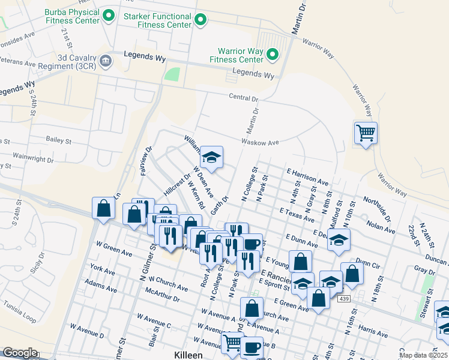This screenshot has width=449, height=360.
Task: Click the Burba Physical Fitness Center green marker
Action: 109,15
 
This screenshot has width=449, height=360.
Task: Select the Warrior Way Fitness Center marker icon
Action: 273,55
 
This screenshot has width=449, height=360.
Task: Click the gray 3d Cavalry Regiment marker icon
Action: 106,59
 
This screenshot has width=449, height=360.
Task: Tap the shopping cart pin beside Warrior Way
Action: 366,133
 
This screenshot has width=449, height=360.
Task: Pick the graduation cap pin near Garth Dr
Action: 211,158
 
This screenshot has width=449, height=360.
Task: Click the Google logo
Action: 20,353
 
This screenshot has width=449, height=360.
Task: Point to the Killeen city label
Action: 188,355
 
